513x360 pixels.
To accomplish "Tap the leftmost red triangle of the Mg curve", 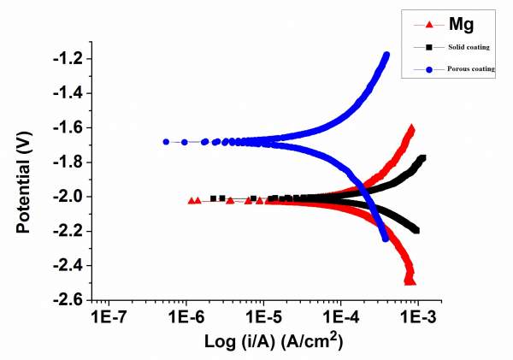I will [x=191, y=200].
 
